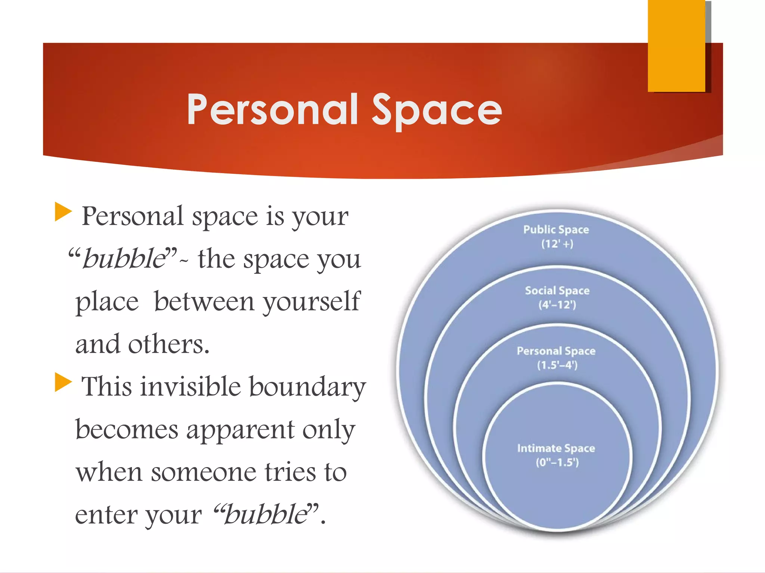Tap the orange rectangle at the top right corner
(x=676, y=46)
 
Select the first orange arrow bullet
(x=63, y=212)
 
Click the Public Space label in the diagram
(x=556, y=229)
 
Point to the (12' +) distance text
(x=557, y=244)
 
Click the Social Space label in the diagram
(x=557, y=290)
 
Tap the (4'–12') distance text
(x=557, y=305)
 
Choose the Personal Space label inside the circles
(x=556, y=351)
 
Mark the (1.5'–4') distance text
(x=557, y=365)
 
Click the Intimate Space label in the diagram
(x=556, y=448)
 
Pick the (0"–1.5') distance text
(x=557, y=463)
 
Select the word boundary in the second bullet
(x=307, y=387)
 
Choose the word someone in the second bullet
(x=204, y=472)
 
